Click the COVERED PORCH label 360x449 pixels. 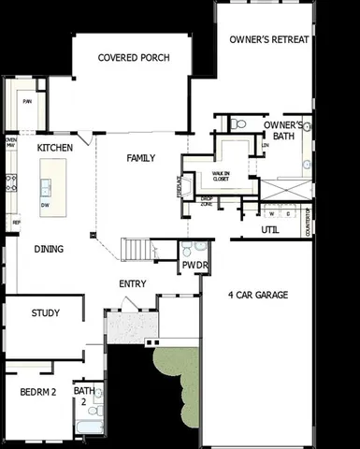pos(134,58)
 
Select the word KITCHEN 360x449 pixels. pos(55,148)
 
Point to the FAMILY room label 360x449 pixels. pos(140,158)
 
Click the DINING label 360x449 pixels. pos(49,249)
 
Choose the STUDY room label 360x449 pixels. pos(46,313)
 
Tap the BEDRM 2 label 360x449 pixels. pos(38,393)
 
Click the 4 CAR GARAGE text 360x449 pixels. pos(257,296)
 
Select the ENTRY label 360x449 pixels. pos(132,284)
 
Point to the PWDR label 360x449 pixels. pos(194,266)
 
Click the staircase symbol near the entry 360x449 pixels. pos(137,249)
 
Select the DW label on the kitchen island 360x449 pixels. pos(45,205)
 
